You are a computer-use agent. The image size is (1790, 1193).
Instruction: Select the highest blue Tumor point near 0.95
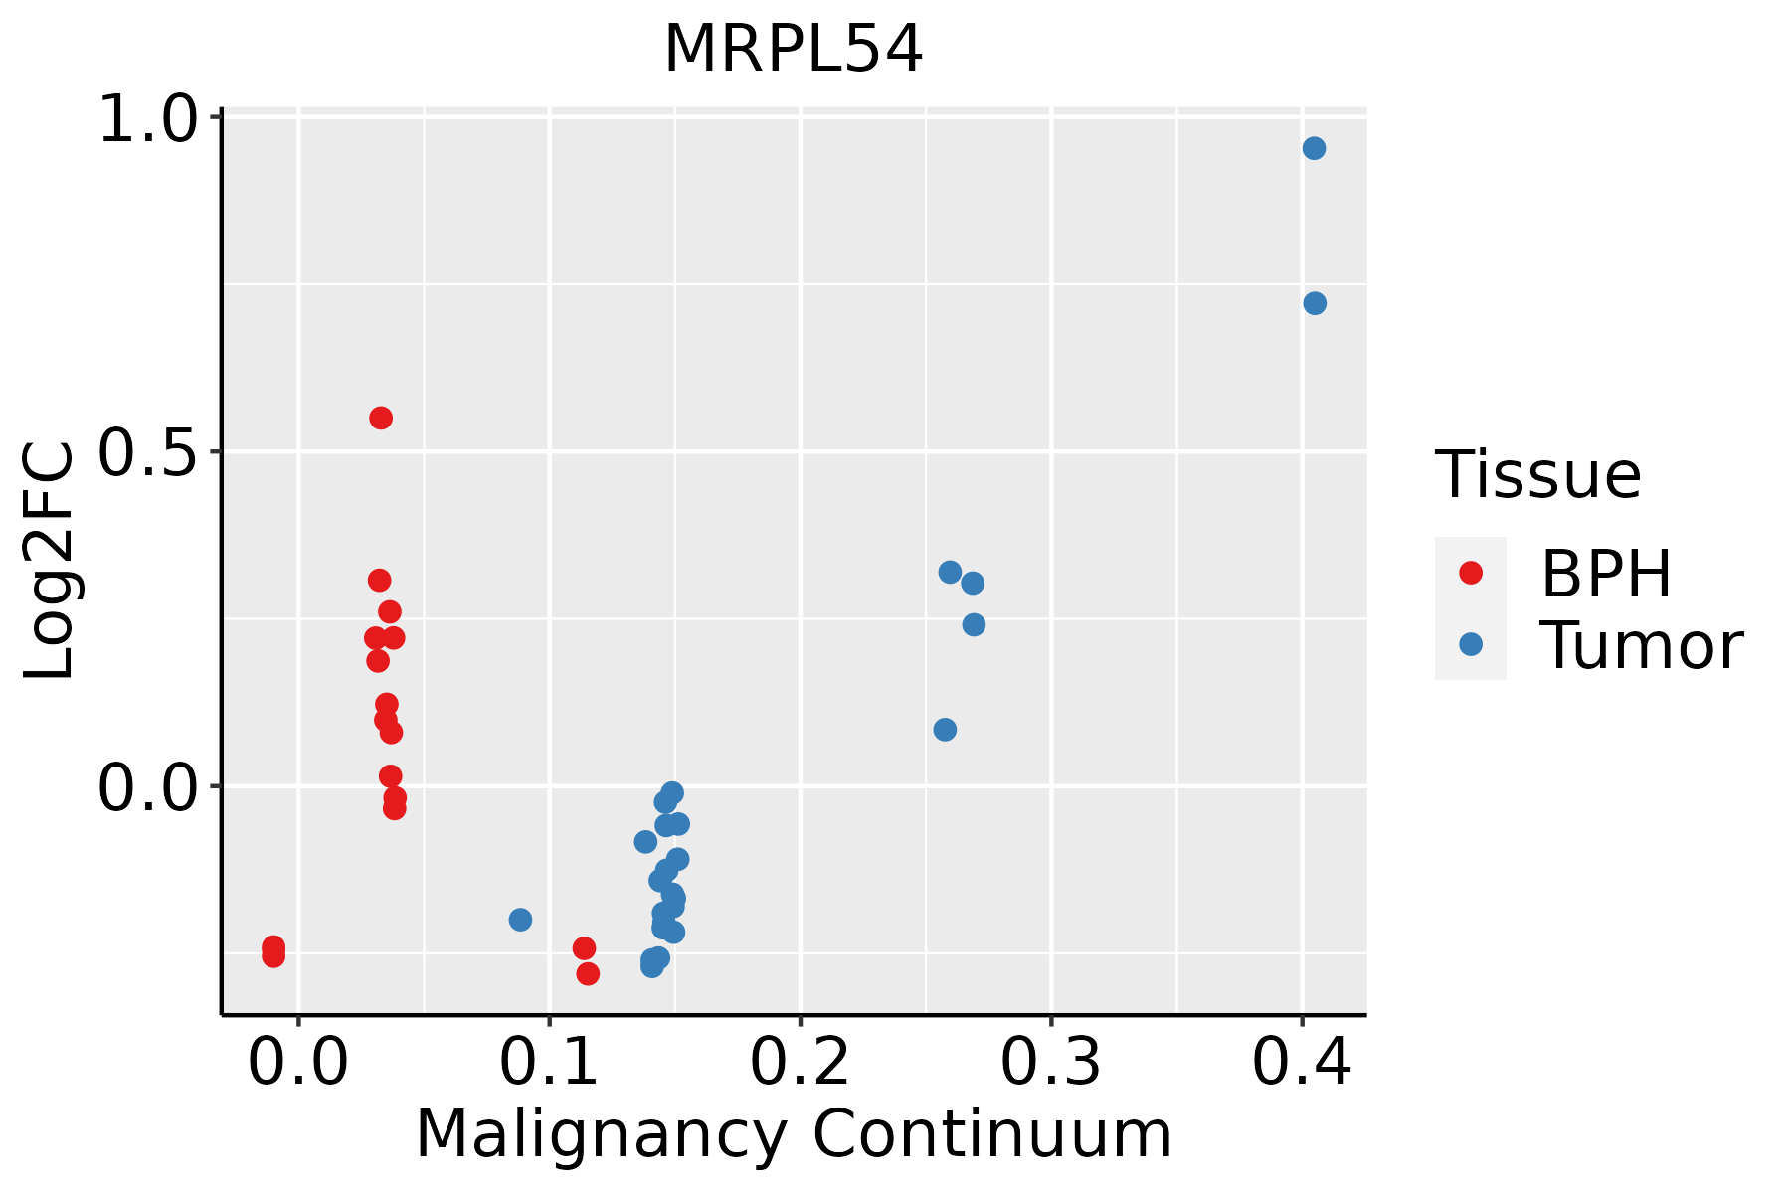[x=1314, y=148]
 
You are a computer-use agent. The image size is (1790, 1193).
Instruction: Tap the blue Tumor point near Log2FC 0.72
[x=1315, y=303]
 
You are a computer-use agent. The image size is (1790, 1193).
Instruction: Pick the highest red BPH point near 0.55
[x=381, y=418]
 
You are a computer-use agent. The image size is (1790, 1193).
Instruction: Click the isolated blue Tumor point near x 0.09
[x=520, y=920]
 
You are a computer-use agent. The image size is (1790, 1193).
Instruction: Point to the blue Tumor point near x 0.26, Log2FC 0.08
[x=945, y=730]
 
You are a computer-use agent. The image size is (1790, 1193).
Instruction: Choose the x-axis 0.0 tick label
[x=297, y=1063]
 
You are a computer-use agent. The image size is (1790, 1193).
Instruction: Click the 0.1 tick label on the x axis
[x=549, y=1063]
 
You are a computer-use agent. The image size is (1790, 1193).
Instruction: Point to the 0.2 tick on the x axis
[x=800, y=1063]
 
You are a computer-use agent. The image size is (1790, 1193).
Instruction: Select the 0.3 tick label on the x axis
[x=1050, y=1063]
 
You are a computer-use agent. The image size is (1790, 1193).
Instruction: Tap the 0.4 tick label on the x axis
[x=1301, y=1063]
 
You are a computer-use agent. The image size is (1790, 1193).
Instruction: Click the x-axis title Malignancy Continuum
[x=794, y=1134]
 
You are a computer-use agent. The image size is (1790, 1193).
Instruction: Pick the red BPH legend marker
[x=1470, y=573]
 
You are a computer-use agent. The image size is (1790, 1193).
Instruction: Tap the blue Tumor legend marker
[x=1470, y=644]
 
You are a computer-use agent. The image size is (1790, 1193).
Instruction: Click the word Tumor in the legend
[x=1641, y=646]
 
